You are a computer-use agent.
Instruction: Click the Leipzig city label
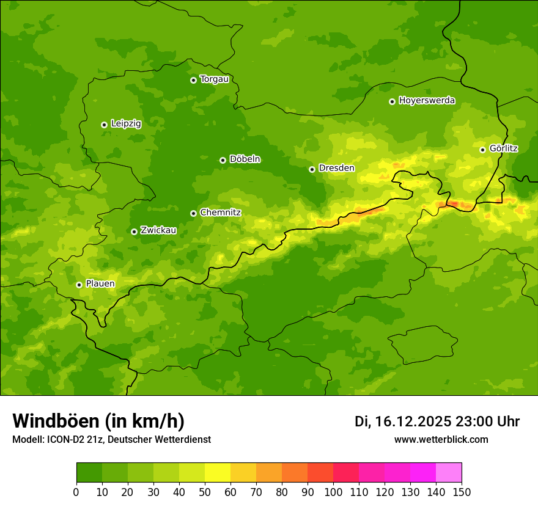click(x=126, y=123)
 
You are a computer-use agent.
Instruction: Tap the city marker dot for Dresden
click(x=312, y=169)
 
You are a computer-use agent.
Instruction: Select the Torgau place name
click(x=214, y=79)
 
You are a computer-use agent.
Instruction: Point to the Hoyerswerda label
click(x=427, y=100)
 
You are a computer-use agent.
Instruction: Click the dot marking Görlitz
click(x=482, y=150)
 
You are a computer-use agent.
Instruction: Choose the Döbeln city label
click(x=245, y=159)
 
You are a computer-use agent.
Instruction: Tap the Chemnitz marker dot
click(x=193, y=213)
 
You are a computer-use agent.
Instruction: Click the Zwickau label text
click(x=158, y=230)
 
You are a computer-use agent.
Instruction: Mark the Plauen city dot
click(x=79, y=285)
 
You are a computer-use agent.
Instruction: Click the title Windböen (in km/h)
click(x=98, y=421)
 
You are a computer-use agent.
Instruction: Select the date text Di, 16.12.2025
click(x=403, y=421)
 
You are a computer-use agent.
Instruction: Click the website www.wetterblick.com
click(x=441, y=439)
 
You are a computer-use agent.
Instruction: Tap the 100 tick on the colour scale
click(x=333, y=492)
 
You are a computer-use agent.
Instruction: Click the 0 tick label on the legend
click(x=76, y=492)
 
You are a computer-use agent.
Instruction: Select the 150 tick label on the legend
click(x=462, y=492)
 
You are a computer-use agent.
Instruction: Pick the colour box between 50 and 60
click(x=218, y=473)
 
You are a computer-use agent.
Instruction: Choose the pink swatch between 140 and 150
click(x=449, y=473)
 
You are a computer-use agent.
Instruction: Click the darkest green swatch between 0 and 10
click(x=89, y=473)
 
